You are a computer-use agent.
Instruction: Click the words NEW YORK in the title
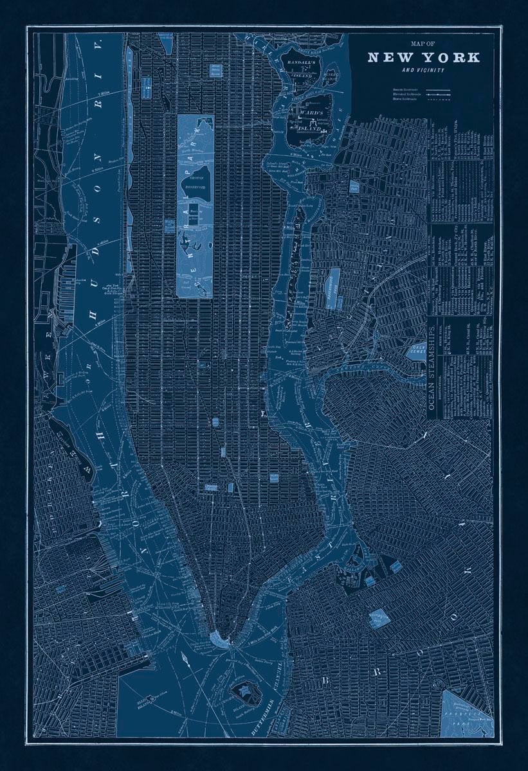[424, 57]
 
